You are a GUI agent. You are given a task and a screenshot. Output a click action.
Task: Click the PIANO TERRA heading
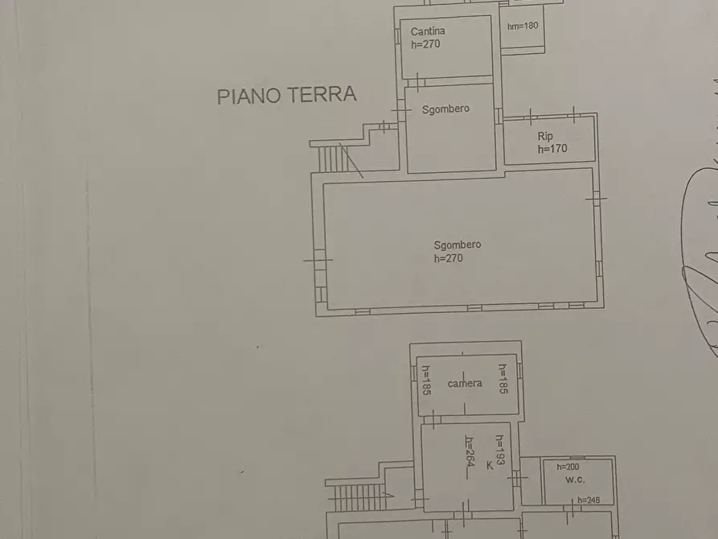286,95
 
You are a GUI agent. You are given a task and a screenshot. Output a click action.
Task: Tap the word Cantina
428,31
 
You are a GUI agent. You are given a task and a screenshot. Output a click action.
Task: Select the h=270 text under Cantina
425,44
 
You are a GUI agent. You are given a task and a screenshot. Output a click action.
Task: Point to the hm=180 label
523,26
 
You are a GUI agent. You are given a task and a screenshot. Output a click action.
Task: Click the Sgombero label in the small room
445,109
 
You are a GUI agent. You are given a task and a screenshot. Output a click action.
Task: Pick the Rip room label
545,136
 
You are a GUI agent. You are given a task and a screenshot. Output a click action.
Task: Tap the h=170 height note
552,148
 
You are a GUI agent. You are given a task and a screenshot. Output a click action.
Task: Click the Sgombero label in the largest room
457,245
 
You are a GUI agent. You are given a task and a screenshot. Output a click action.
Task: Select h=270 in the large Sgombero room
448,258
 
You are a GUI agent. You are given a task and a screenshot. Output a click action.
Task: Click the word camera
465,383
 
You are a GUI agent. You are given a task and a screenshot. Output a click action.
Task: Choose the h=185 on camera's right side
502,380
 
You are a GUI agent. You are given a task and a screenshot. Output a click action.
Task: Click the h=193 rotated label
499,451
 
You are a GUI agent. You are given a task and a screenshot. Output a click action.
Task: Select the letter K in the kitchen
489,464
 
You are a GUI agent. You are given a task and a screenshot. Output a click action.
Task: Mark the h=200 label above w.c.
568,467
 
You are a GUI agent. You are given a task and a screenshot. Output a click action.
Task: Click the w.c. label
575,479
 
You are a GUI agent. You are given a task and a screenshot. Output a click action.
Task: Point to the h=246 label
589,500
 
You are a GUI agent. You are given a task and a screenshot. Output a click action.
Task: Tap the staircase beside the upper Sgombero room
331,158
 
